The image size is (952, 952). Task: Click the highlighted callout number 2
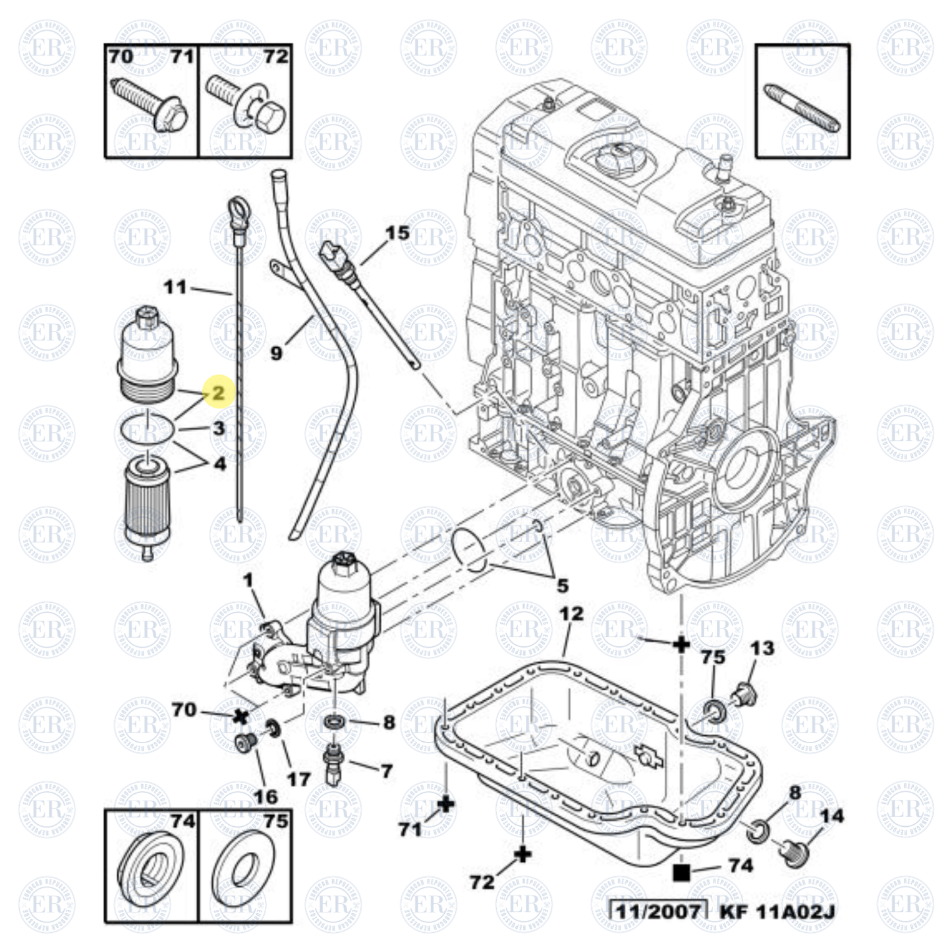point(218,393)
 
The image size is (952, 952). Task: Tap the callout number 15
point(397,233)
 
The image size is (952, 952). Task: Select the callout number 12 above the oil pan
point(571,614)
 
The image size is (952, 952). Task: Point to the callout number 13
point(762,648)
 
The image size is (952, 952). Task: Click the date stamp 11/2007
point(657,911)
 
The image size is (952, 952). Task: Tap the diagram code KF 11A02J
point(777,911)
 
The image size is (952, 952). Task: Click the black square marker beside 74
point(682,873)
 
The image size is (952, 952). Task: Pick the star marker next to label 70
point(240,716)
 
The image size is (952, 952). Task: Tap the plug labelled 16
point(246,744)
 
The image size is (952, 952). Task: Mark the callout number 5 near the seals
point(563,585)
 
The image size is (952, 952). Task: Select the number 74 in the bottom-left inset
point(182,821)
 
